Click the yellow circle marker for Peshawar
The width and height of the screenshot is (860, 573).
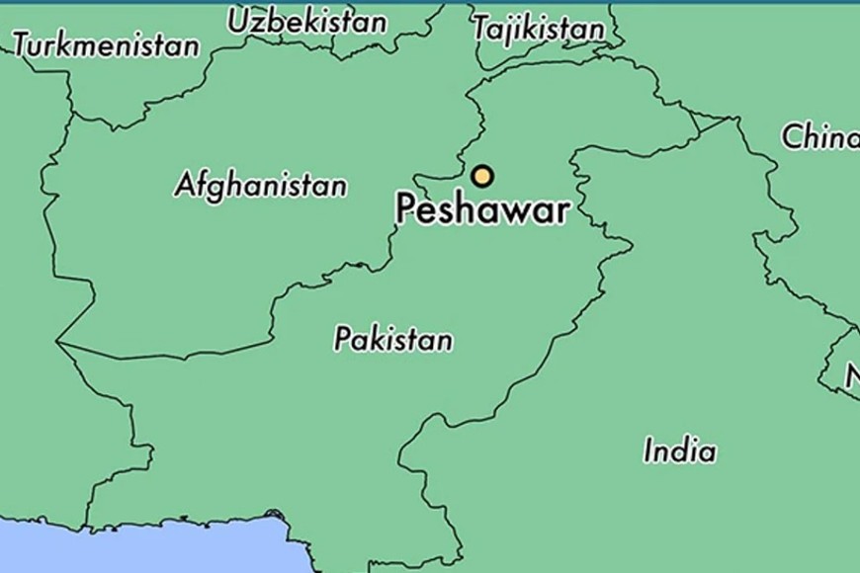[x=481, y=177]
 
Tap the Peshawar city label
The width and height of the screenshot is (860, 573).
[x=482, y=209]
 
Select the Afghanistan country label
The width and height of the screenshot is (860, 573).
[x=261, y=185]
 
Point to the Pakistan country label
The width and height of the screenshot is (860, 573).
[x=392, y=339]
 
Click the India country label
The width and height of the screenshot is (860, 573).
[x=679, y=450]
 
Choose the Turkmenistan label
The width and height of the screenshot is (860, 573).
[x=106, y=44]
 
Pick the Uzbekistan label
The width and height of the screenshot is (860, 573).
[x=307, y=21]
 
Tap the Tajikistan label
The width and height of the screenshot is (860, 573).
[x=538, y=29]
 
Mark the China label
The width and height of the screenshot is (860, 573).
[x=819, y=136]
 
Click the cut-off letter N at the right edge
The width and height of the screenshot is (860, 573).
[x=852, y=375]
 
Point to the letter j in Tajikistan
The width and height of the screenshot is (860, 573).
[x=504, y=31]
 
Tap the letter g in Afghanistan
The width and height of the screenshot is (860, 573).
[x=215, y=188]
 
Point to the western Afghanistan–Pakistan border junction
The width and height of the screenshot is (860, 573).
[x=57, y=343]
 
